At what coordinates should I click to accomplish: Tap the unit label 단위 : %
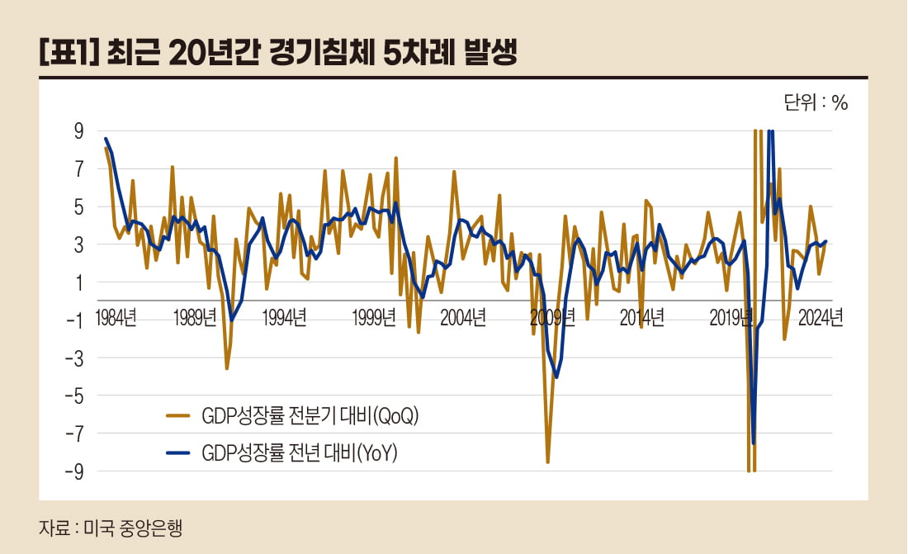coord(815,103)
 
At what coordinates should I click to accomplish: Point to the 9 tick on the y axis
coord(79,131)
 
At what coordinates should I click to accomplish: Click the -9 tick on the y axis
coord(75,471)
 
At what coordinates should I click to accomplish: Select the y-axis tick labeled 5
coord(79,206)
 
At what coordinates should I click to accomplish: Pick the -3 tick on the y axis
coord(75,357)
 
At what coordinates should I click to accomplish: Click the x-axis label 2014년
coord(641,320)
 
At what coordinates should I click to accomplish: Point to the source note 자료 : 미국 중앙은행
coord(109,528)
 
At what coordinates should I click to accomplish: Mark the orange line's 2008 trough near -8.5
coord(547,462)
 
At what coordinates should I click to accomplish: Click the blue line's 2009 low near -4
coord(557,377)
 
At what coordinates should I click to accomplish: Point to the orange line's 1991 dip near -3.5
coord(227,368)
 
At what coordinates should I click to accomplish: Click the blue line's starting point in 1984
coord(106,139)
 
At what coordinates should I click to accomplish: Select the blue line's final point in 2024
coord(825,242)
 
